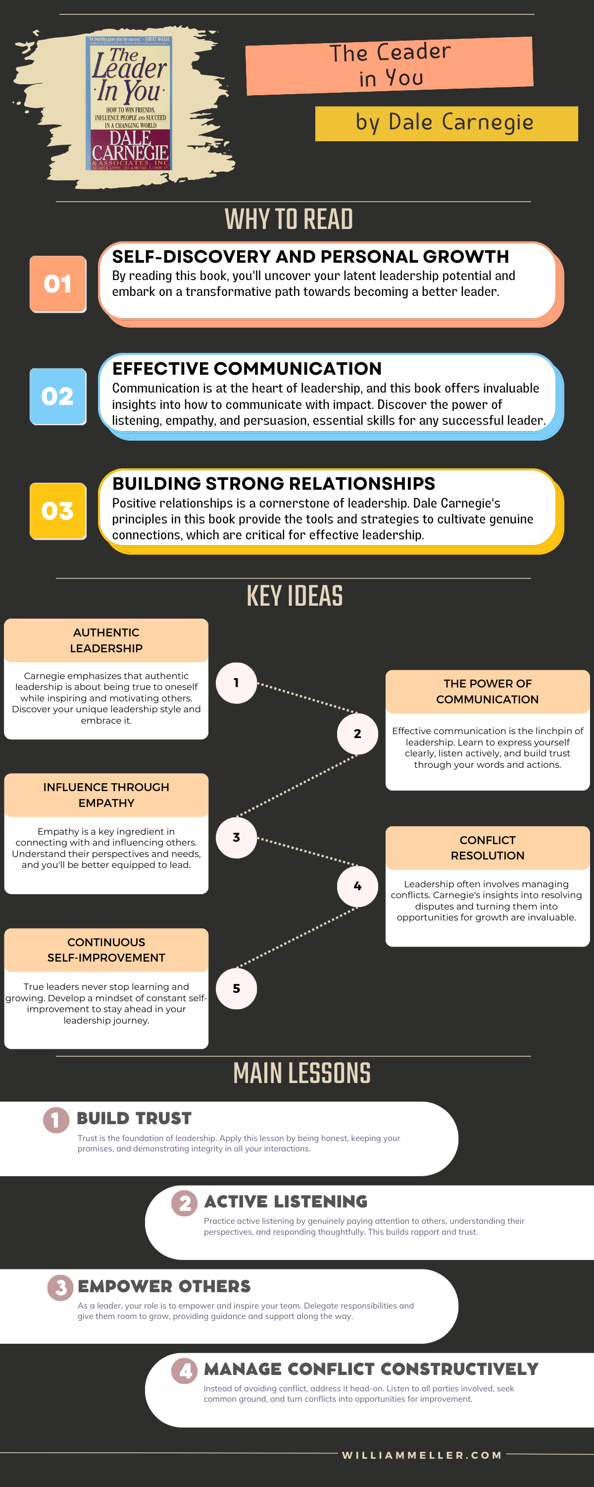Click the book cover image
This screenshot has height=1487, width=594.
coord(130,104)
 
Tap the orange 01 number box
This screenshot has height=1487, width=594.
coord(58,284)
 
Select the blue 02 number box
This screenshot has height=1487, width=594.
coord(58,397)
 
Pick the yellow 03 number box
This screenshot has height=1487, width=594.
coord(58,511)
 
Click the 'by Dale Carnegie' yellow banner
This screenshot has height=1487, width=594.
coord(446,123)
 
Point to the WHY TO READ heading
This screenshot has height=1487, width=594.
coord(289,220)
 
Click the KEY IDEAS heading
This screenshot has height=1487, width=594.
coord(295,596)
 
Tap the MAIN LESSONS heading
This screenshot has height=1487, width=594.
coord(301,1074)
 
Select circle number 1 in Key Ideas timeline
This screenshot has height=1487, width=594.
coord(236,683)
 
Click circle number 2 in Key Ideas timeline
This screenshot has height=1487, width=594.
coord(357,734)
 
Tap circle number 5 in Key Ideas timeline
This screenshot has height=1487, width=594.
coord(236,988)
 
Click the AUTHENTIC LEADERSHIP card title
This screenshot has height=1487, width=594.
coord(106,640)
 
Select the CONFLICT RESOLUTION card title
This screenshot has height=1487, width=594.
coord(487,848)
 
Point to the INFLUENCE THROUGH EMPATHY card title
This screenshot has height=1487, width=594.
coord(106,795)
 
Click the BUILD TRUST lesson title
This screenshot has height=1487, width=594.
coord(134,1119)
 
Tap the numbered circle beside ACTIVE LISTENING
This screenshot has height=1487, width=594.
coord(185,1203)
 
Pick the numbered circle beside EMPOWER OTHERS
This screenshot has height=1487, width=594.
coord(60,1287)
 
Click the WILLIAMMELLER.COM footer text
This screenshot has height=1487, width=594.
coord(422,1455)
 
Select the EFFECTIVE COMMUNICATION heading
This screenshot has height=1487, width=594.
coord(247,368)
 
